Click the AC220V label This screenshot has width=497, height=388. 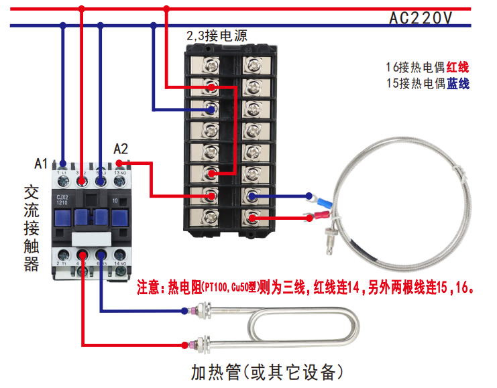tap(421, 19)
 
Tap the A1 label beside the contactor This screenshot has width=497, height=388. tap(42, 163)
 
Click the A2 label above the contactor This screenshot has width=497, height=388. tap(121, 149)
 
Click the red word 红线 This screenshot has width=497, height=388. tap(457, 67)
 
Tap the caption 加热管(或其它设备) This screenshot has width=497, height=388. tap(267, 371)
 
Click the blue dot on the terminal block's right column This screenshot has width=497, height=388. tap(253, 196)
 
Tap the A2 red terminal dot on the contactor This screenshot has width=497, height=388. tap(119, 163)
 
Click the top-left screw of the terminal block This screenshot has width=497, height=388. tap(210, 64)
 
